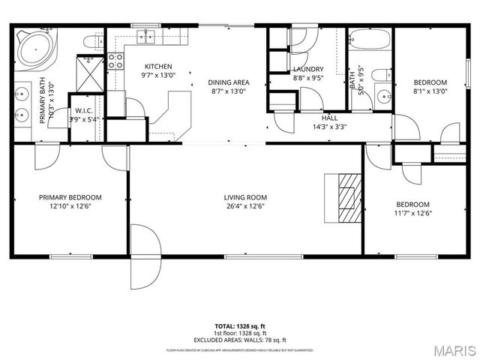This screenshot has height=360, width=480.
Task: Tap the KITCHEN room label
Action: pos(158,66)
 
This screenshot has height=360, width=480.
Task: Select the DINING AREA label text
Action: pos(229,82)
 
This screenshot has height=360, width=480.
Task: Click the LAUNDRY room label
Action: pos(307,69)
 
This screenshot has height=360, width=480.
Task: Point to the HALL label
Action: pos(329,118)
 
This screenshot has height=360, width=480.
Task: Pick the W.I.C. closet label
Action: pos(82,110)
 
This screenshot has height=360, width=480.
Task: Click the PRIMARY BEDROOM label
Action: pos(70,197)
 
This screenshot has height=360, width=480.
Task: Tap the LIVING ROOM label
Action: pos(245,197)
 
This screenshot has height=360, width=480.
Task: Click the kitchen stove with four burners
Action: pos(116,61)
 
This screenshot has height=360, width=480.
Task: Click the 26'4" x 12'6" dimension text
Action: pos(245,206)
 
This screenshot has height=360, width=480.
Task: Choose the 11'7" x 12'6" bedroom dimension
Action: pos(412,213)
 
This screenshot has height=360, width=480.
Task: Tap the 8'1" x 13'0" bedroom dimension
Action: pos(430,91)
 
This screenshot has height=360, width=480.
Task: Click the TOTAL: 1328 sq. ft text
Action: pos(240,327)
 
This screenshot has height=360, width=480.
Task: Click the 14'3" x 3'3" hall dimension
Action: pos(329,126)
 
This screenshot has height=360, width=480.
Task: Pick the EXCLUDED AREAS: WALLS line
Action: pos(240,339)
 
